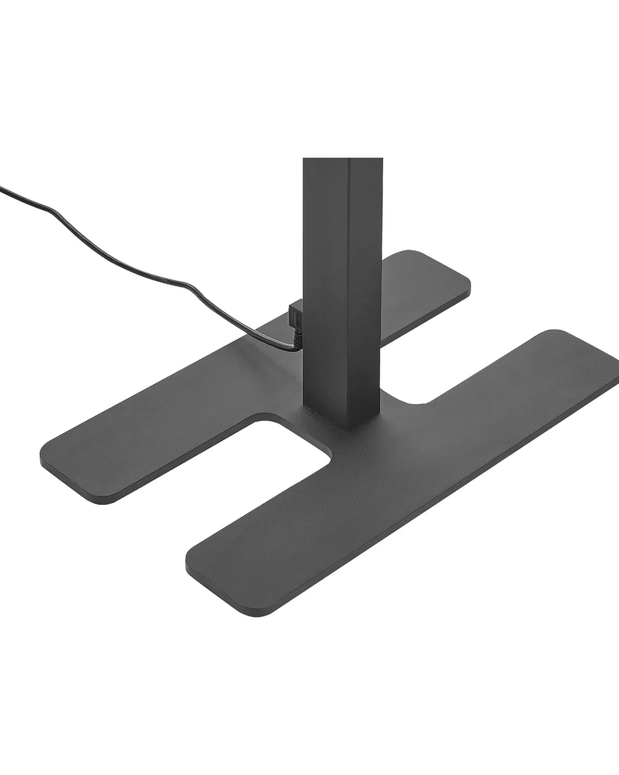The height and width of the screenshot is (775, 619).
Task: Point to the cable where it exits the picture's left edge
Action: [2, 188]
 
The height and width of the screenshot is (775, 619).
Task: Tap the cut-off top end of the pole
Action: [340, 160]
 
